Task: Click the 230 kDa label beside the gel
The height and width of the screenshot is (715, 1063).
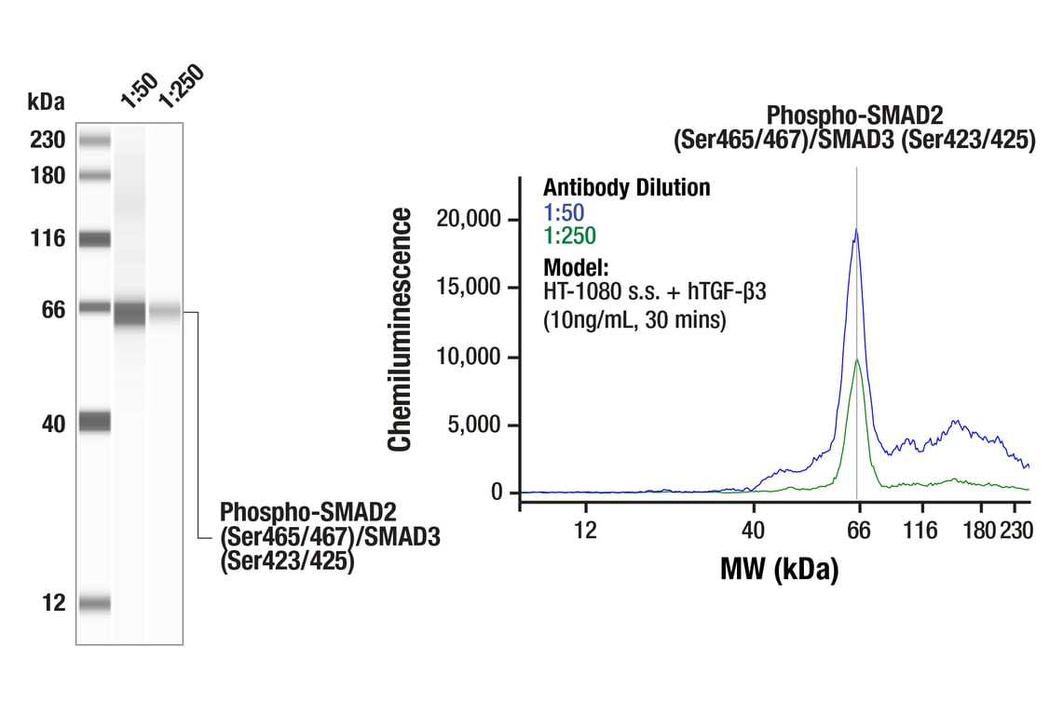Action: (47, 141)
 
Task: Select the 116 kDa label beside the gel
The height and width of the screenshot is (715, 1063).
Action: (47, 239)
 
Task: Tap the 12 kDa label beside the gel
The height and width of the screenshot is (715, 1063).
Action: (54, 603)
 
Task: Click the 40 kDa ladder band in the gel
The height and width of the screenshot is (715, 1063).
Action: (94, 422)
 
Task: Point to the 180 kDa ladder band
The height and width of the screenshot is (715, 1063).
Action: (94, 175)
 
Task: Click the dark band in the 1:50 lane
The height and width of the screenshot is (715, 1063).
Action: (129, 313)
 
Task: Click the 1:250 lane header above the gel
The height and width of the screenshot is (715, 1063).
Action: (179, 86)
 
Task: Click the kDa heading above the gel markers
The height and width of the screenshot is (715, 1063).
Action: (46, 100)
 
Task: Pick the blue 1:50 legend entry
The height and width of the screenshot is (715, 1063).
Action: (564, 212)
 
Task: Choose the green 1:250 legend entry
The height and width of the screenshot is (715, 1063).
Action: (569, 236)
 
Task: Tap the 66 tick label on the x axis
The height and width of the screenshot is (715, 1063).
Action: (858, 530)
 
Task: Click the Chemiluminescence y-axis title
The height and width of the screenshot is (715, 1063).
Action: (401, 330)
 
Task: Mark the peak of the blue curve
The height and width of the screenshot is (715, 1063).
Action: (856, 229)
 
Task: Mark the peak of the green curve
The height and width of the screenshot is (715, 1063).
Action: (856, 359)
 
